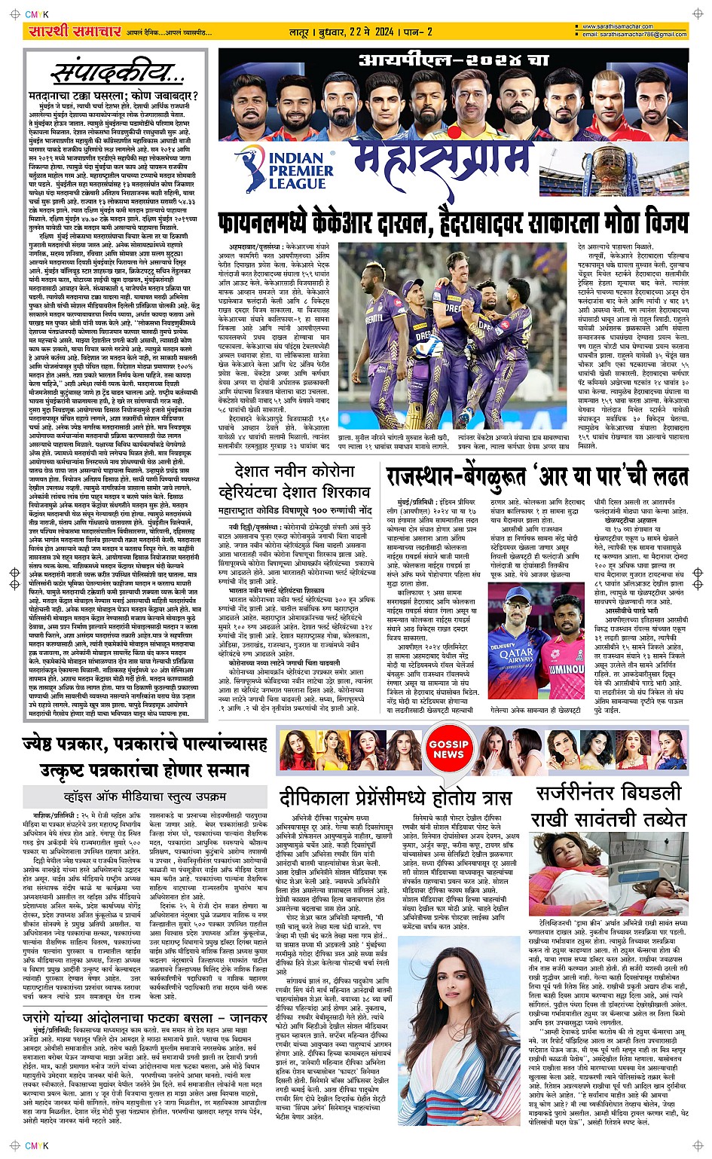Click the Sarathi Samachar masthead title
click(74, 32)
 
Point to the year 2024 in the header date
click(383, 32)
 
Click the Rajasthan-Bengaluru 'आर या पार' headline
click(536, 477)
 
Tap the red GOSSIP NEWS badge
click(448, 749)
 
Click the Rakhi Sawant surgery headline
click(609, 806)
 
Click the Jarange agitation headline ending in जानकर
click(143, 1019)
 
